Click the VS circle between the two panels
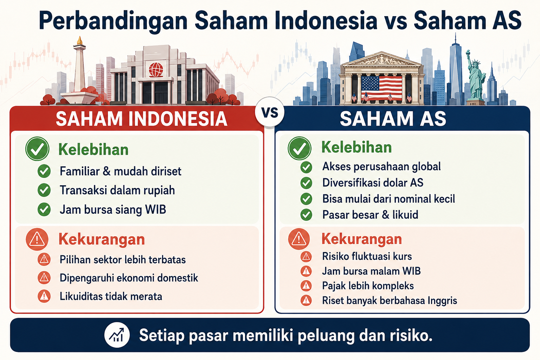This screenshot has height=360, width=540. [x=270, y=112]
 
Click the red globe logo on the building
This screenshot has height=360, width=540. [x=156, y=70]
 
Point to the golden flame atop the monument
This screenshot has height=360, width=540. [x=79, y=40]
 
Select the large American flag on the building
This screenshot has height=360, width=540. [x=381, y=88]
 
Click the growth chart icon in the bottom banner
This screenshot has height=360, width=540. [x=117, y=335]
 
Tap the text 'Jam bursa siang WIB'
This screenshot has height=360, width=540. [x=113, y=209]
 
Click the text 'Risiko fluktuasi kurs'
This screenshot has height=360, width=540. [x=367, y=256]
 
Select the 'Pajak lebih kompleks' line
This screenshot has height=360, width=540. [x=368, y=286]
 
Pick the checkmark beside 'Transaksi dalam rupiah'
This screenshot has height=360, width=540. [x=44, y=190]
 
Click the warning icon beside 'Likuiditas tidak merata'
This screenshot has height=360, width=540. [x=44, y=296]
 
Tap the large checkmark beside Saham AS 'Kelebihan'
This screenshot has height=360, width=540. [x=300, y=148]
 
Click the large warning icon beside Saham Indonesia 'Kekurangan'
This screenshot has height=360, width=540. [x=37, y=239]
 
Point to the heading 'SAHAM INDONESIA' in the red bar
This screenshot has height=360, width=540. [x=142, y=119]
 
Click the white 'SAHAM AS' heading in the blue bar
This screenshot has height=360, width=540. [x=393, y=118]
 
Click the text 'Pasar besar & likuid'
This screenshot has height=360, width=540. [x=370, y=214]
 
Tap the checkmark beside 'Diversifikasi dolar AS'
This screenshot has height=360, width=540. [x=306, y=183]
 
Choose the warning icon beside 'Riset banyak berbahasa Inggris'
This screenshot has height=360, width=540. [x=306, y=301]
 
